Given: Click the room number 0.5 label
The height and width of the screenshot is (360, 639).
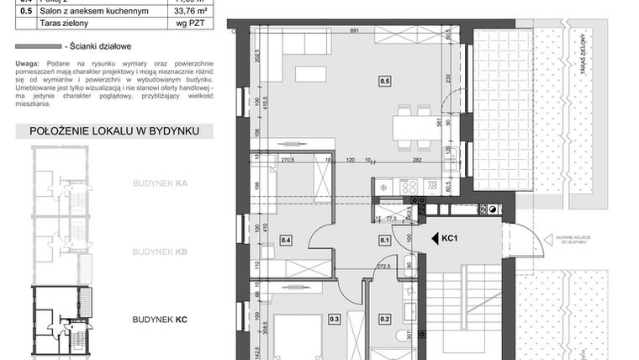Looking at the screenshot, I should coord(384,82).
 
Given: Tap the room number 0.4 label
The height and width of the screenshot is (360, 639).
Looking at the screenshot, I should coord(286,241).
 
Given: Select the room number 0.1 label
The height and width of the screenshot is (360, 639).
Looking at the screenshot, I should coord(384,241).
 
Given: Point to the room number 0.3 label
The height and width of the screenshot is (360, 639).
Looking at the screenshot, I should coord(334,319).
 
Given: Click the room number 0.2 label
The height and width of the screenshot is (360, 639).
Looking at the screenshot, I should coord(384,319).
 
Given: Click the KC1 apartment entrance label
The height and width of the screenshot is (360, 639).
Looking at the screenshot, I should coord(448,239).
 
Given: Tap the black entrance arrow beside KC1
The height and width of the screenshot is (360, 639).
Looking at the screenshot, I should coord(434,239).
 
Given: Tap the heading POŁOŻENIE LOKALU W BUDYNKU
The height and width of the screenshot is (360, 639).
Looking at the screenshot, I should coord(114,131).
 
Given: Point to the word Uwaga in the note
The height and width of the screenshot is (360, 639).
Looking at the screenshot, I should coord(28,64).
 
